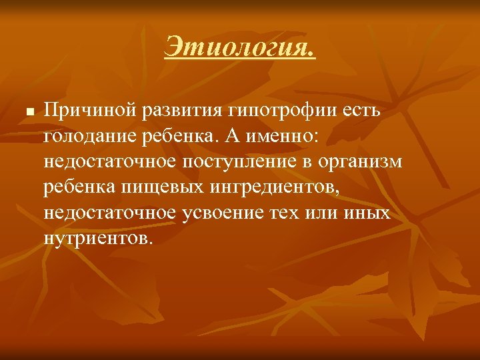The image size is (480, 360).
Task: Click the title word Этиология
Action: tap(240, 47)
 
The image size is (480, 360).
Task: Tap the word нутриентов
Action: tap(99, 238)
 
